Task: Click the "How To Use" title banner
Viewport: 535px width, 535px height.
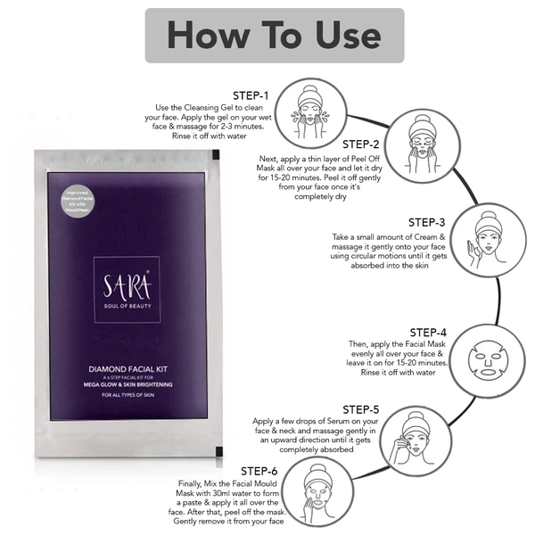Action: [274, 36]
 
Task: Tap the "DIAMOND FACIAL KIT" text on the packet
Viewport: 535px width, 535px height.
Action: [130, 366]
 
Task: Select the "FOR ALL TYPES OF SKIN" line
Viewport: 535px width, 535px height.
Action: [130, 394]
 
